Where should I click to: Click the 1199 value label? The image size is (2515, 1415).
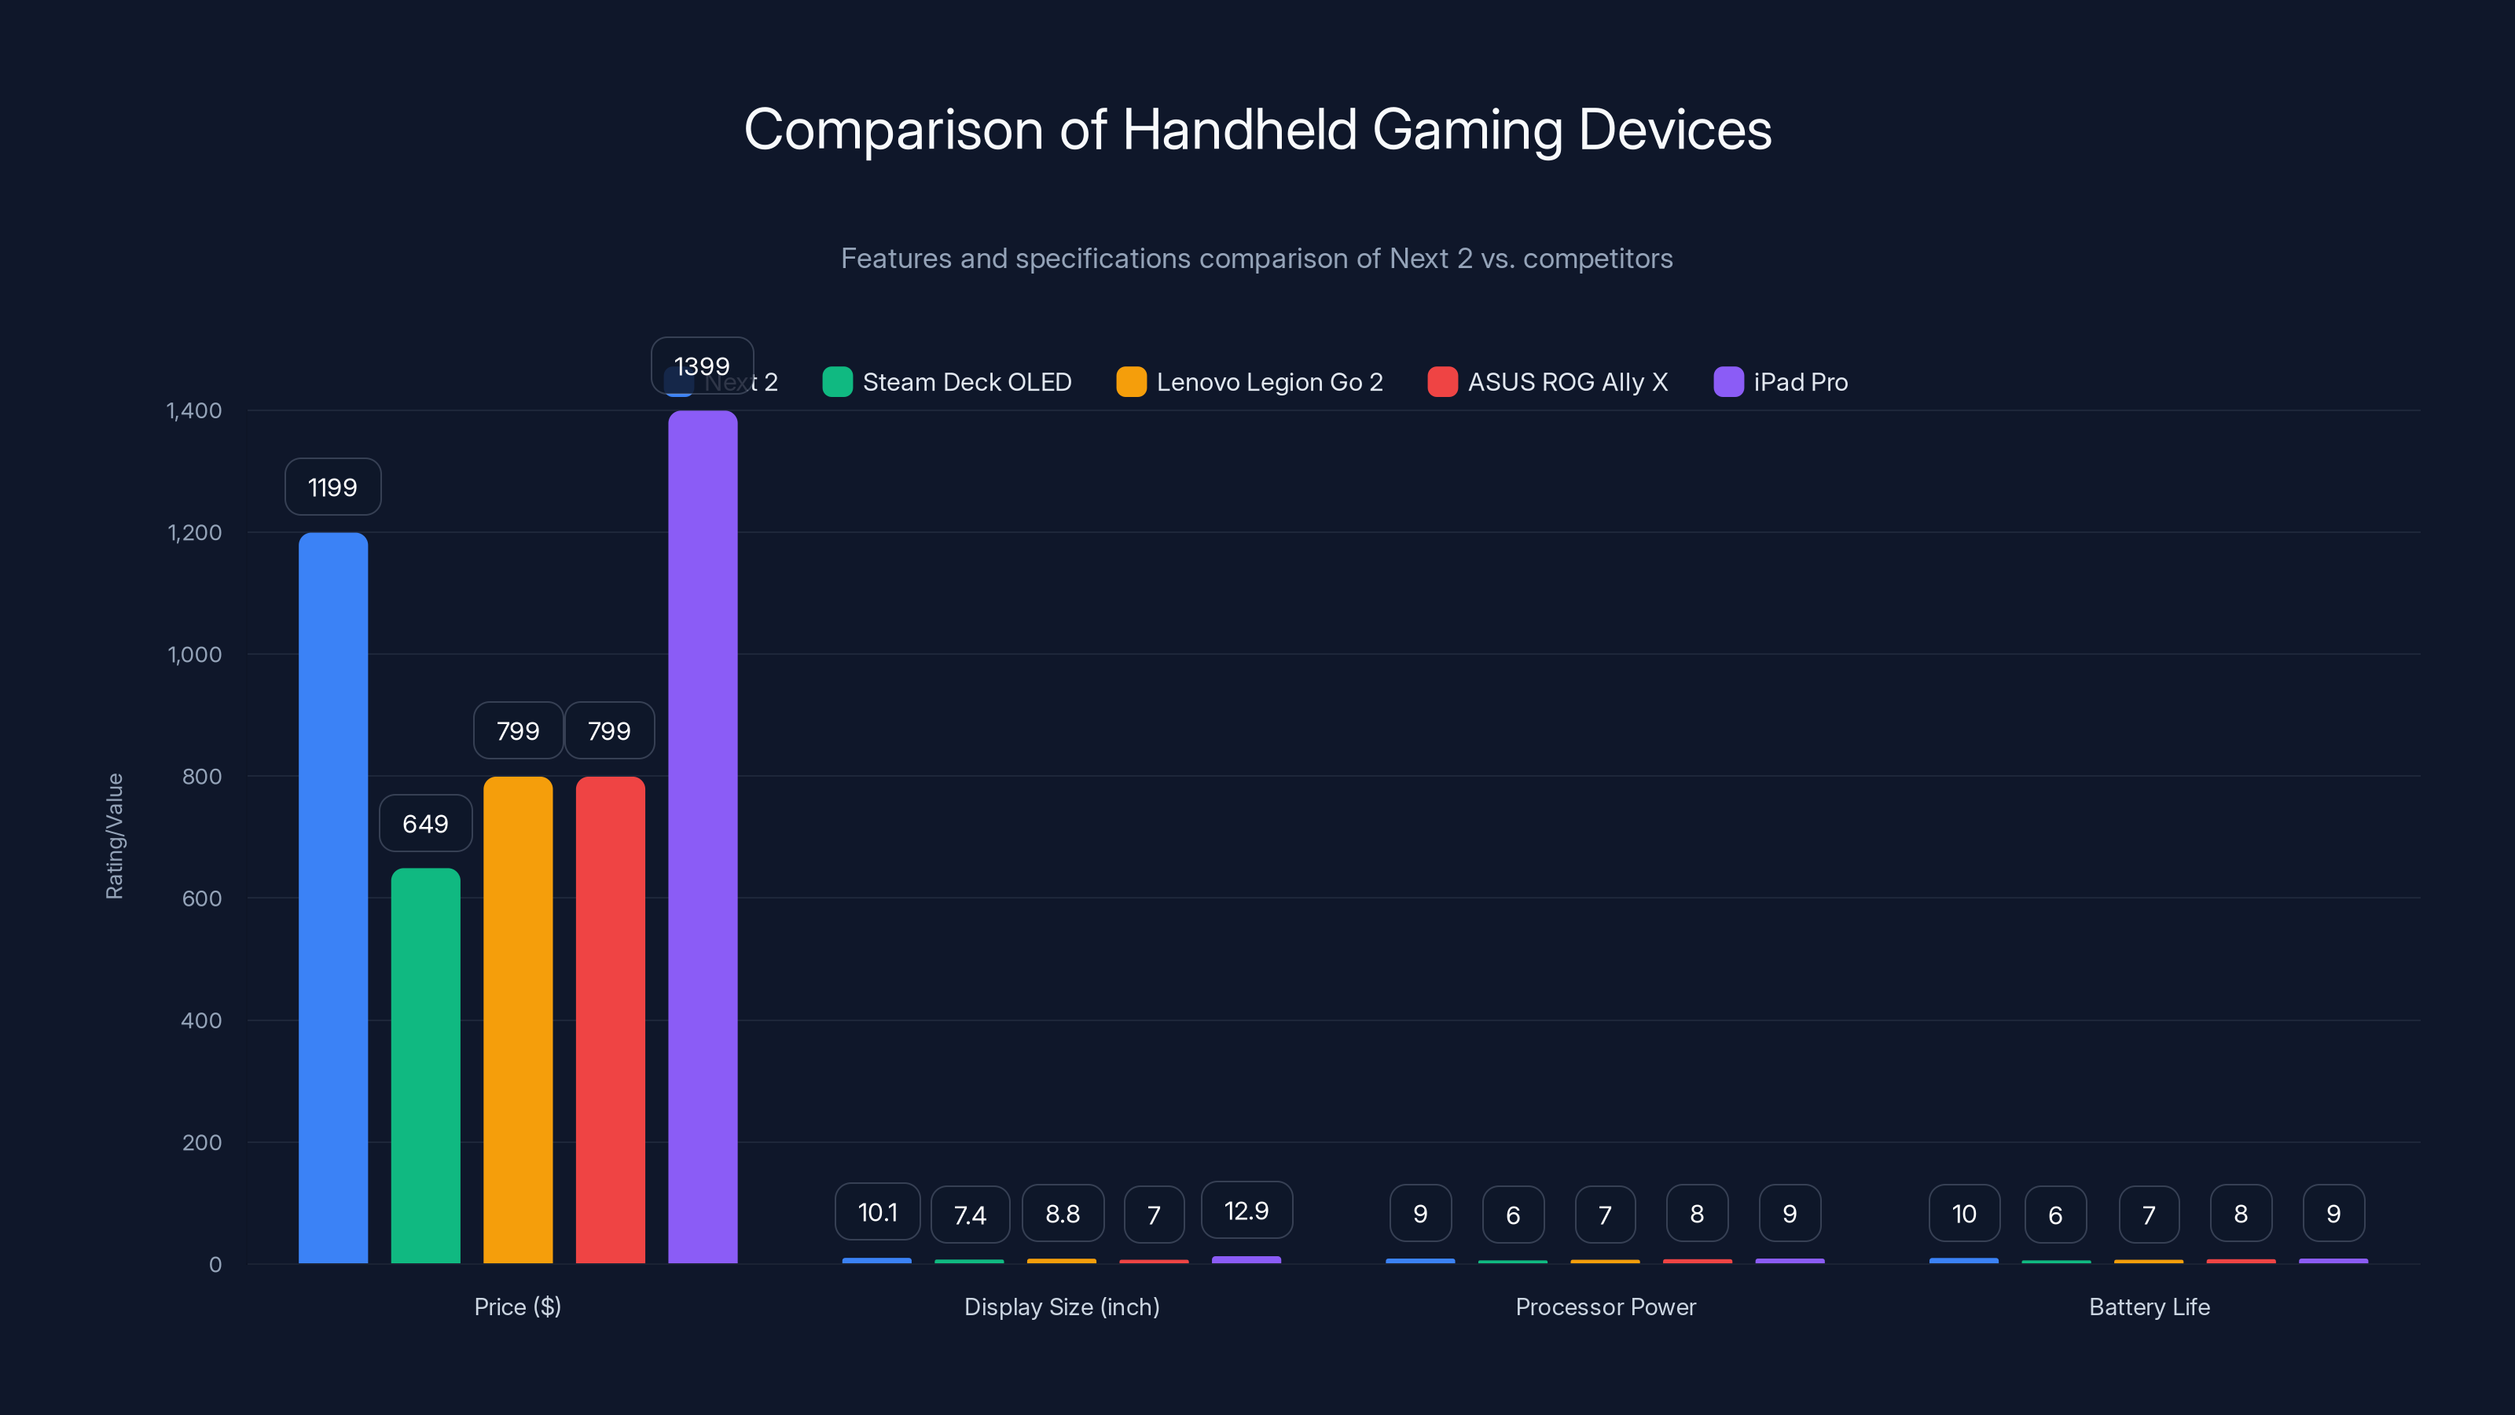point(333,487)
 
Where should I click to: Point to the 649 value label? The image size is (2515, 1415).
point(426,823)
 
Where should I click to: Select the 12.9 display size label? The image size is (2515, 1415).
point(1246,1211)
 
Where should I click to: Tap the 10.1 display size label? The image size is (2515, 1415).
point(877,1212)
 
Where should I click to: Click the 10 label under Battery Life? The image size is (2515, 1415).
point(1964,1214)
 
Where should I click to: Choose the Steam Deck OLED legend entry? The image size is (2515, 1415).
point(948,382)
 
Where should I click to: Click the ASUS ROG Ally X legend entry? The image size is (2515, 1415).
point(1548,382)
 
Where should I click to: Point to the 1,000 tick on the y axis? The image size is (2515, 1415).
point(194,654)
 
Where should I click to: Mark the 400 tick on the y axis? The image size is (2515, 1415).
point(201,1020)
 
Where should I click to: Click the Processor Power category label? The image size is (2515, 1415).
point(1605,1307)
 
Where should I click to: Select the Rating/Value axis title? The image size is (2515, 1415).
point(114,836)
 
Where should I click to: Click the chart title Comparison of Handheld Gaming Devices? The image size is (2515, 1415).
point(1257,130)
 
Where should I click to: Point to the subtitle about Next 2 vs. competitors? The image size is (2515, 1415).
point(1257,259)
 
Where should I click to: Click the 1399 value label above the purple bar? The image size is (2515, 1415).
point(702,366)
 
